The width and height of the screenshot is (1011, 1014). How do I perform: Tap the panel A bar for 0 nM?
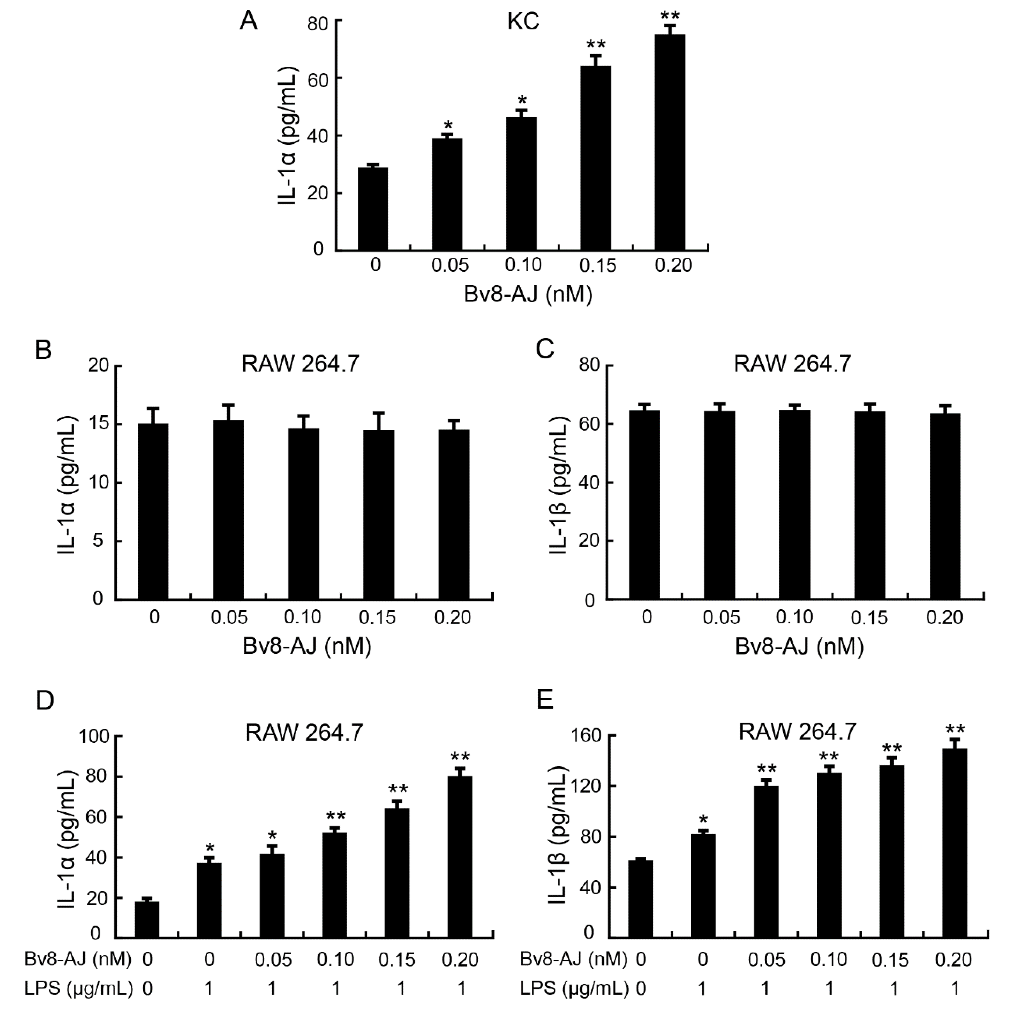pyautogui.click(x=373, y=209)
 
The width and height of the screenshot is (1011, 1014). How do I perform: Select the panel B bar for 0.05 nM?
pyautogui.click(x=228, y=509)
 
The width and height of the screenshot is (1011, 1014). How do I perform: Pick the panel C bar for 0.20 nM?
pyautogui.click(x=945, y=506)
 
